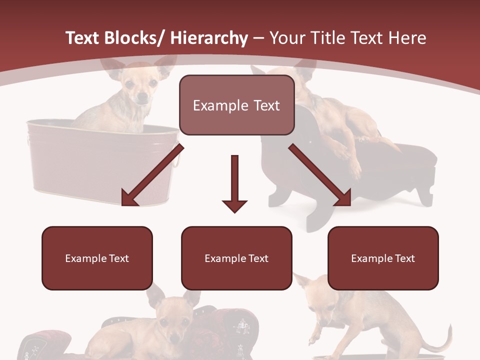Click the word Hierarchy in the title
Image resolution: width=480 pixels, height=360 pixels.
click(209, 38)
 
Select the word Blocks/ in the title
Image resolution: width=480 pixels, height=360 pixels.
click(134, 38)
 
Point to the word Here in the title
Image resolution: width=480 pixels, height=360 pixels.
click(406, 38)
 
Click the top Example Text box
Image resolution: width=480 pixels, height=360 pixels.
click(236, 105)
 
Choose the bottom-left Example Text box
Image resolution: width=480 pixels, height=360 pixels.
click(97, 258)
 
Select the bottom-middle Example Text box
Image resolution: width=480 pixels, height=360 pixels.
click(236, 258)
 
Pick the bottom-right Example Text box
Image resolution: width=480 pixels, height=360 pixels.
click(383, 258)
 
